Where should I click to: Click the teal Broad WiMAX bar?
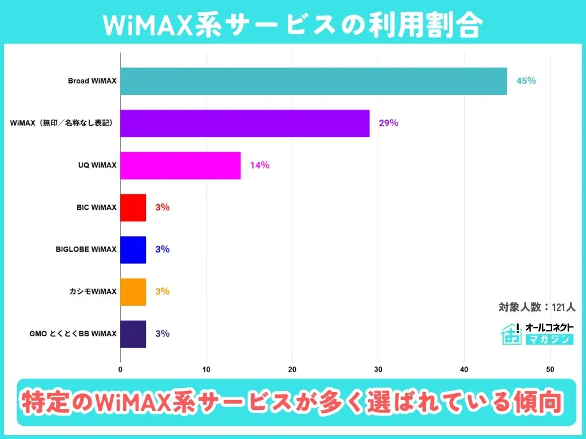314,81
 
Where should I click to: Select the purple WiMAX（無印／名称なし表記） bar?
245,123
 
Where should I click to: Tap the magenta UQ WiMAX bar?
180,165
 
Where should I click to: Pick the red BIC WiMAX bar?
133,207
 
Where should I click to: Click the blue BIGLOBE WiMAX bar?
133,249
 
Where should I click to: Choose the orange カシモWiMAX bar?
133,292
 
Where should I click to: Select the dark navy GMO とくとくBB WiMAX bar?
133,334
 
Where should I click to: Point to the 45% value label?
526,81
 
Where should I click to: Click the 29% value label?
388,123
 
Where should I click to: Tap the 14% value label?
259,165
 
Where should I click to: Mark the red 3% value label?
162,207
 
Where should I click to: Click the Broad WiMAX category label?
92,81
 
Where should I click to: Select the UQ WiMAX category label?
97,165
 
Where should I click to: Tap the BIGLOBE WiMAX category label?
86,249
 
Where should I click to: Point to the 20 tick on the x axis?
292,369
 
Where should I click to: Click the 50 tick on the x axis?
550,369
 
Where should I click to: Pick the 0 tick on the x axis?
120,369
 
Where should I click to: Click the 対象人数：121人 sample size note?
537,308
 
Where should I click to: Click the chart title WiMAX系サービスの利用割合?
293,24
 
